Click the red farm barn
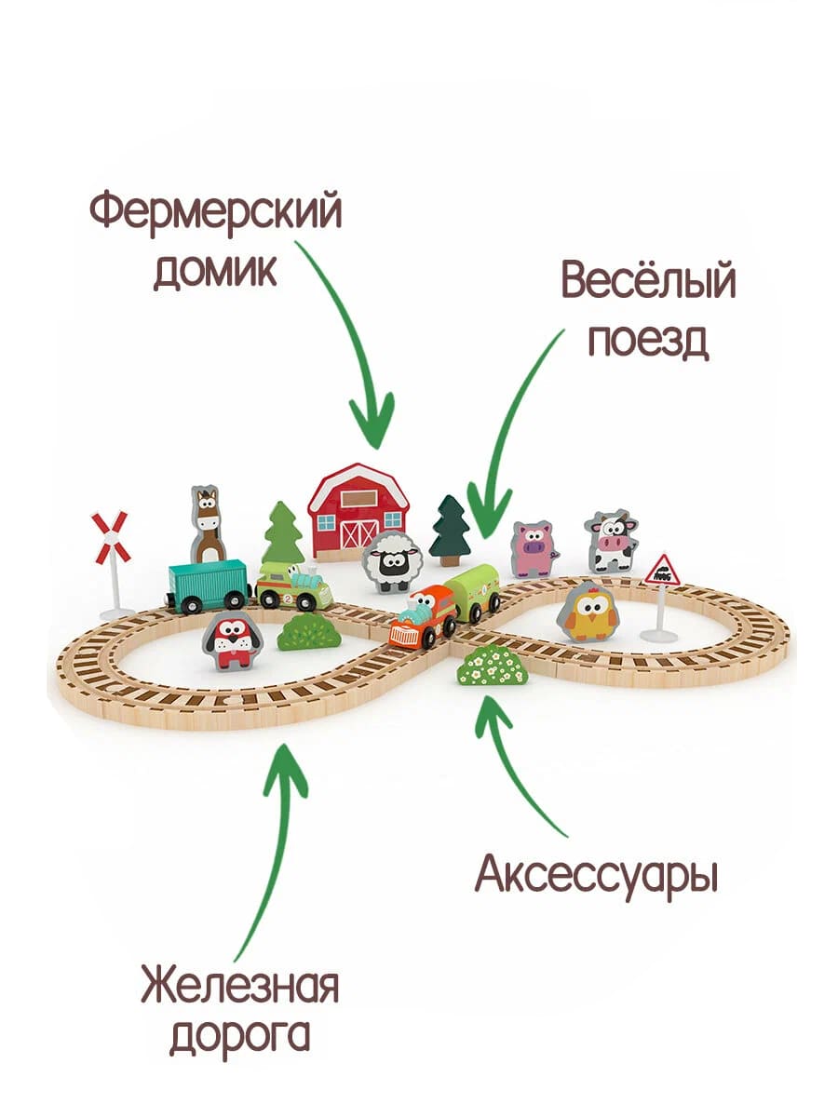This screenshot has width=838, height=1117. click(x=358, y=511)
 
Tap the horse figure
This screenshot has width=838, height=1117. click(x=208, y=525)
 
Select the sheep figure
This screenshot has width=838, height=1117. click(x=392, y=561)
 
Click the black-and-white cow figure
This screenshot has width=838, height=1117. click(x=610, y=542)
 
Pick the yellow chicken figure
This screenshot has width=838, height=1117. click(x=588, y=612)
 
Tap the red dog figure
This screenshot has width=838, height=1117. click(x=232, y=640)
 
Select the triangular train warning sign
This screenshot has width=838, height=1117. click(x=661, y=598)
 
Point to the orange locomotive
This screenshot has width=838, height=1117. click(x=425, y=616)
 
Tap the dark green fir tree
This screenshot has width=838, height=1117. click(x=450, y=531)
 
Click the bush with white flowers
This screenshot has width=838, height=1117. click(x=492, y=666)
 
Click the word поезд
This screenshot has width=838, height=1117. click(x=649, y=341)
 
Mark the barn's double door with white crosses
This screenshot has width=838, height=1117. click(x=359, y=534)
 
